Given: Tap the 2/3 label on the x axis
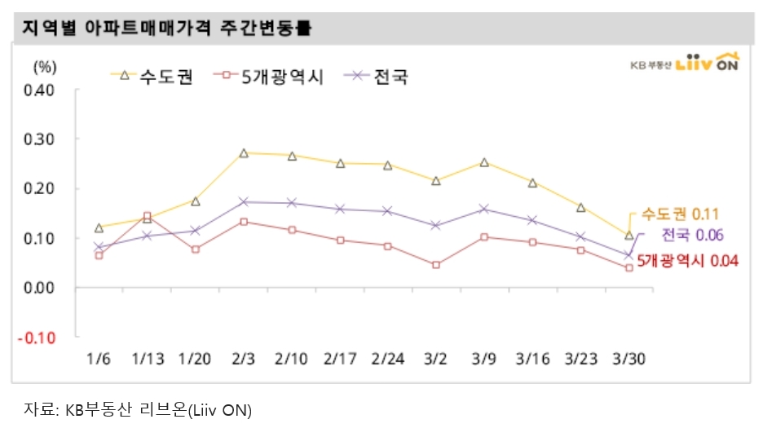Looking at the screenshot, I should (244, 358).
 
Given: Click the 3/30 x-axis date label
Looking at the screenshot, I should (628, 358).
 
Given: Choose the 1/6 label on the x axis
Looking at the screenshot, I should (99, 358).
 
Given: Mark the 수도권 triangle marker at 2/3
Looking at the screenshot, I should (244, 152).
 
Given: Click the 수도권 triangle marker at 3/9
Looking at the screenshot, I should (484, 162).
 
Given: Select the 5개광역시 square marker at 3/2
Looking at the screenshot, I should (436, 265).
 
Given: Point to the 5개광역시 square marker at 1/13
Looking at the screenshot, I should (148, 217).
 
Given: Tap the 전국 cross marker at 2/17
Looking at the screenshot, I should (340, 210).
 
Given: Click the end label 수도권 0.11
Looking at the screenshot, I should (678, 214).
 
